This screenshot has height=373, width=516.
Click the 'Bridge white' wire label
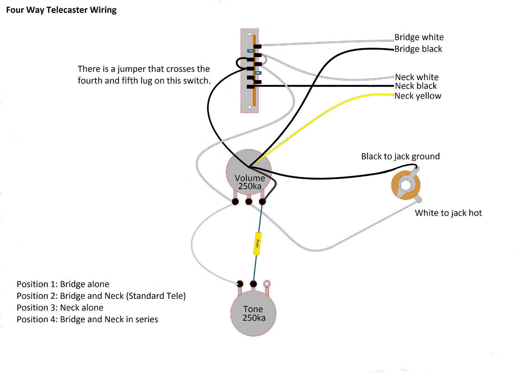[419, 37]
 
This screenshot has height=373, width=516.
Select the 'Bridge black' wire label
[418, 49]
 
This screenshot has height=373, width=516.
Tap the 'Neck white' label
[417, 77]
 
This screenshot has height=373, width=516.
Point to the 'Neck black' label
[416, 86]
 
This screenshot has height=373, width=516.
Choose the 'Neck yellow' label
[418, 96]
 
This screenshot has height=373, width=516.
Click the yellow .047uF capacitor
[257, 243]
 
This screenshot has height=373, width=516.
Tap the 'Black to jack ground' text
[400, 156]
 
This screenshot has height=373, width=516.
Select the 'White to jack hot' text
[448, 213]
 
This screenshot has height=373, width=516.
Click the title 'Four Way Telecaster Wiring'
[61, 10]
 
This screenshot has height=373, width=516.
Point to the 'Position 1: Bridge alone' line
[63, 284]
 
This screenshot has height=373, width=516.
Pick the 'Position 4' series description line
[87, 319]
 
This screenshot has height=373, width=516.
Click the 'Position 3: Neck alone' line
[60, 308]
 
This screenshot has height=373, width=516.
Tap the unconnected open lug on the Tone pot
[267, 284]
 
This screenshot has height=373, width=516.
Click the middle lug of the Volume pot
[249, 202]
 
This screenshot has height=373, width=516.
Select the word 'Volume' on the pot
[250, 178]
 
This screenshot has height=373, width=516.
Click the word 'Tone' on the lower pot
[253, 309]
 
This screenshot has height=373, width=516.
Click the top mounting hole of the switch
[249, 34]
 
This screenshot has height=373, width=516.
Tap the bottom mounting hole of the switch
[249, 107]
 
